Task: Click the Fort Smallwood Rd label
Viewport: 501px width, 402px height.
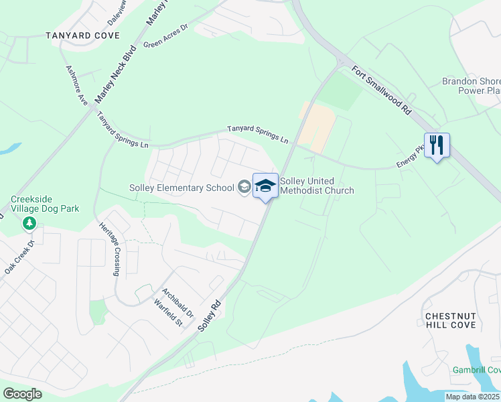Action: pos(378,89)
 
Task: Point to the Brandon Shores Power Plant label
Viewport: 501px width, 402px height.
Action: pos(471,86)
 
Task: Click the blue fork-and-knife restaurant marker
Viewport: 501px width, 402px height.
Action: pos(437,145)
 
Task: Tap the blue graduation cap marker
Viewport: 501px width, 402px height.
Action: pos(265,186)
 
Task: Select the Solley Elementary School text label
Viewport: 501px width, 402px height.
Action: pos(182,188)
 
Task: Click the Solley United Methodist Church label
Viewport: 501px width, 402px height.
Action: pos(317,186)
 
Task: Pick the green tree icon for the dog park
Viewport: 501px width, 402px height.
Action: pos(29,222)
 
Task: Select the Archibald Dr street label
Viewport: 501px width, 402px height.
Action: pos(177,304)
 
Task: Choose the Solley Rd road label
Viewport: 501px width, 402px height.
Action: pos(210,315)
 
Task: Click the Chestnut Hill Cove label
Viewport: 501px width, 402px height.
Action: pos(450,320)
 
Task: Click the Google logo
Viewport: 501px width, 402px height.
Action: pos(22,394)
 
